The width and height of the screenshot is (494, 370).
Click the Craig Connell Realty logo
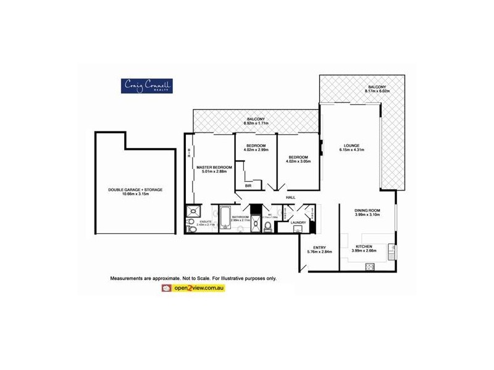click(x=146, y=86)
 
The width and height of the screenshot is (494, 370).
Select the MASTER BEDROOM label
click(x=214, y=167)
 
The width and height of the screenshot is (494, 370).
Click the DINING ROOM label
click(x=367, y=210)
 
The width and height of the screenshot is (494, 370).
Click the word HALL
click(x=290, y=197)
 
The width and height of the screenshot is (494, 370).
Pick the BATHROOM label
click(x=240, y=216)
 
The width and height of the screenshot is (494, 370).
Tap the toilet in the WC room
click(x=267, y=228)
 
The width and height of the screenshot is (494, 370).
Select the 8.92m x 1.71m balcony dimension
click(x=256, y=123)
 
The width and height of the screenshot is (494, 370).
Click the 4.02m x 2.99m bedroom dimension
click(x=256, y=149)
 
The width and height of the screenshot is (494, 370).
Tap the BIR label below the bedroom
click(x=248, y=185)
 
